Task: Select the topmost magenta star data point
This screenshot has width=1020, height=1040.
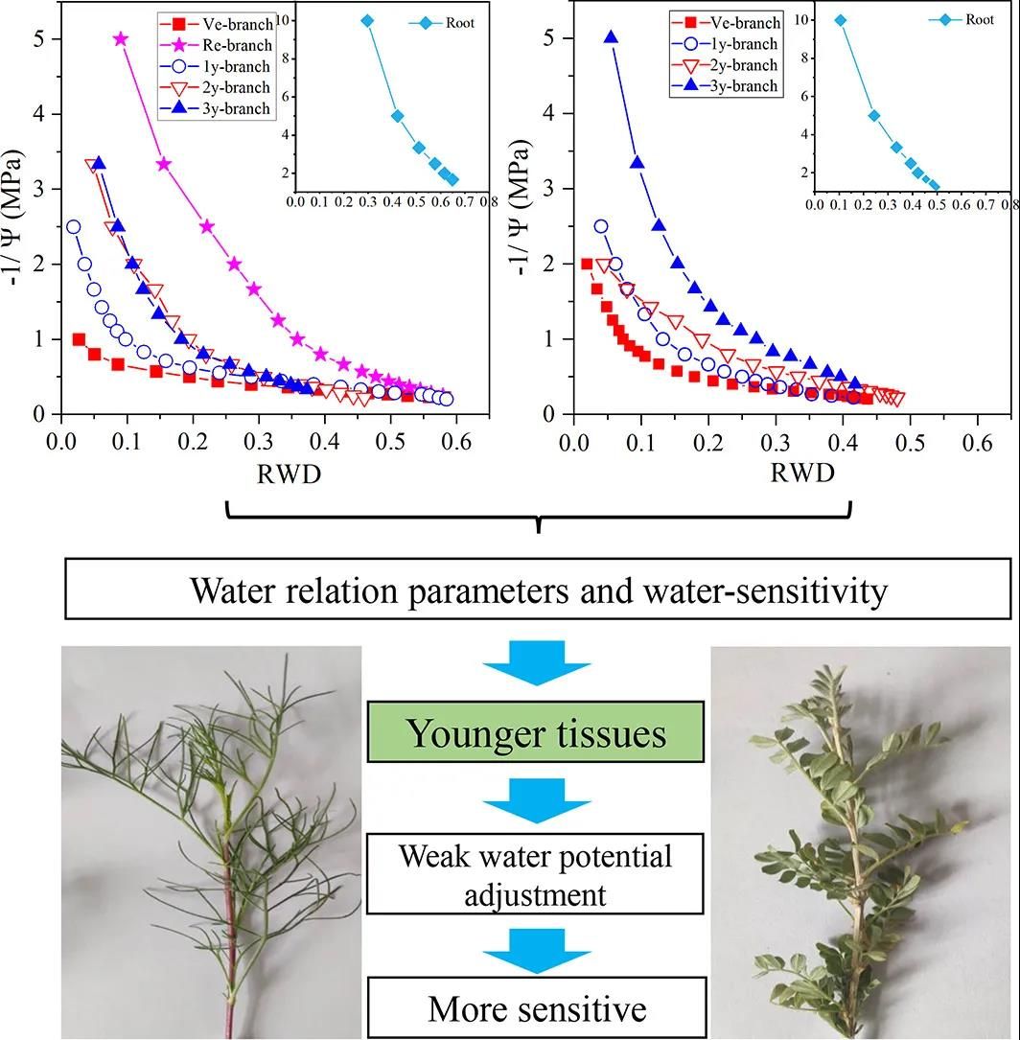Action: click(121, 39)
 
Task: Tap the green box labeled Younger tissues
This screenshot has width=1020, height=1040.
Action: click(536, 733)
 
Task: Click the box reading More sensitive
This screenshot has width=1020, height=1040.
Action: click(536, 1008)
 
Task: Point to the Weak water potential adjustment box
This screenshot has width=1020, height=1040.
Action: click(536, 874)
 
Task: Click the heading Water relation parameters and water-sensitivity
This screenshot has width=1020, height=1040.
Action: click(538, 589)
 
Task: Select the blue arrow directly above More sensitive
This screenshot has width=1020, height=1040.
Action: click(536, 947)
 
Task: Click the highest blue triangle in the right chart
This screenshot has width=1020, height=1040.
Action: click(611, 38)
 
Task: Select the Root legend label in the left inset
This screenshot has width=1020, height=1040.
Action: click(458, 23)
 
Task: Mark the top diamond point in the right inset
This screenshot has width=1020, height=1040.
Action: click(840, 20)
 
